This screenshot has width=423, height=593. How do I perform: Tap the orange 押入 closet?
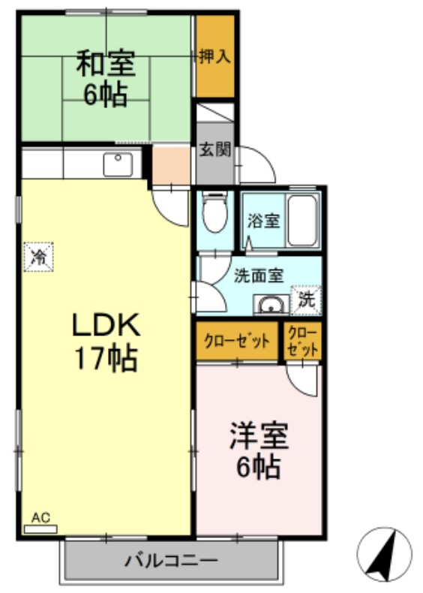tap(214, 56)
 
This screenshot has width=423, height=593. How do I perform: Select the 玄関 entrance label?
tap(214, 149)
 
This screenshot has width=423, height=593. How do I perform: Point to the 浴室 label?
tap(264, 221)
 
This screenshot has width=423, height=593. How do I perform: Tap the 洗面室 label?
tap(258, 275)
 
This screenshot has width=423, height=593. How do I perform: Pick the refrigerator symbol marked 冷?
tap(39, 257)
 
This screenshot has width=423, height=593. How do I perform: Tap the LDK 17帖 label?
tap(105, 342)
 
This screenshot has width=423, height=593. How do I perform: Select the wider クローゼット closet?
tap(237, 342)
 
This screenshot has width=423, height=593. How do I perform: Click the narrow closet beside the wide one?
tap(303, 341)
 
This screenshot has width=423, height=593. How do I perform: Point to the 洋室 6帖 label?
tap(259, 450)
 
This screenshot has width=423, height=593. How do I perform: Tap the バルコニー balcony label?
tap(171, 560)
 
